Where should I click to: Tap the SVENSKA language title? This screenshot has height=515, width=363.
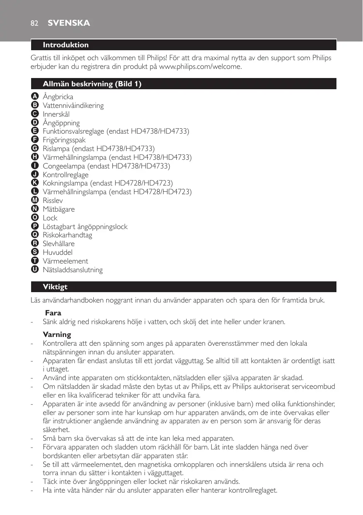point(68,23)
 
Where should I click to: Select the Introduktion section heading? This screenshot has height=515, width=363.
point(66,45)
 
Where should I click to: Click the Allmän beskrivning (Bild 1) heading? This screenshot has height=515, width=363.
point(92,84)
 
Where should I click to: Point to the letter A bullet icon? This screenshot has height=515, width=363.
point(34,97)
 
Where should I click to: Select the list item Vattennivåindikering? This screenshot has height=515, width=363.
point(73,105)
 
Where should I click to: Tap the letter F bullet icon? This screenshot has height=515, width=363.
point(34,140)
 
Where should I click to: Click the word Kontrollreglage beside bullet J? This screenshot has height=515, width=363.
point(66,175)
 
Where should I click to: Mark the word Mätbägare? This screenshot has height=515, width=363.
point(59,209)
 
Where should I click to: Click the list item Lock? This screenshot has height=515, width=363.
point(50,218)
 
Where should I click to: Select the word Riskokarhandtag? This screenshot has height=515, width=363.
point(67,235)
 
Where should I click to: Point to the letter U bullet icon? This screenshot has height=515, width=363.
point(34,270)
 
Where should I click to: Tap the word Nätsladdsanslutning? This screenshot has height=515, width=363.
point(73,270)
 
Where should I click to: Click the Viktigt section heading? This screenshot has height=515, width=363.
point(55,287)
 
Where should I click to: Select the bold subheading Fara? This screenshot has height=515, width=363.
point(53,313)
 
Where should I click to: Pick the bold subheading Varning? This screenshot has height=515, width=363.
point(57,334)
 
